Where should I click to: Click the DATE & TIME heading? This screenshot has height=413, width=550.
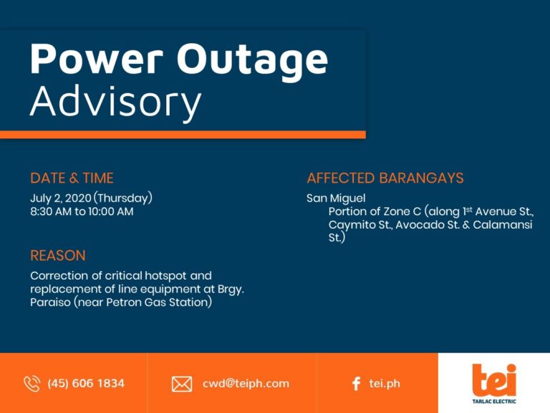point(72,178)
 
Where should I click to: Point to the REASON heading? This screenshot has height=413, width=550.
point(58,255)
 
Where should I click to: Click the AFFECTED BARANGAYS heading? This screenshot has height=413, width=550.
point(385,178)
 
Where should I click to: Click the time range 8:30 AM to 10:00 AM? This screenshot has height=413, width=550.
point(82,212)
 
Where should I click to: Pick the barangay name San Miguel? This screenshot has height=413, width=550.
point(336,198)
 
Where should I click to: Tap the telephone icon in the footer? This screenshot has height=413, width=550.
point(32,384)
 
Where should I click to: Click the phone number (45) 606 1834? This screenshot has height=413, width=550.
point(86,384)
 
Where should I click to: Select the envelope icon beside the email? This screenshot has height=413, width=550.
point(182,384)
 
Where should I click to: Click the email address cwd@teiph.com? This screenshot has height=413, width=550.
point(246,384)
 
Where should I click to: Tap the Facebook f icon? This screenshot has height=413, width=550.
point(356,384)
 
